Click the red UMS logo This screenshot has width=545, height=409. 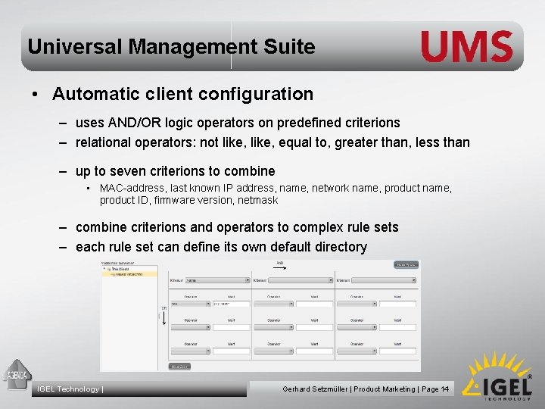click(467, 47)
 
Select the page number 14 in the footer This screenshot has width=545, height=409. click(444, 389)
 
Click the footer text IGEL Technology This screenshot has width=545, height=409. click(69, 389)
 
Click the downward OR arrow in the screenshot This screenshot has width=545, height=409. click(164, 319)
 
